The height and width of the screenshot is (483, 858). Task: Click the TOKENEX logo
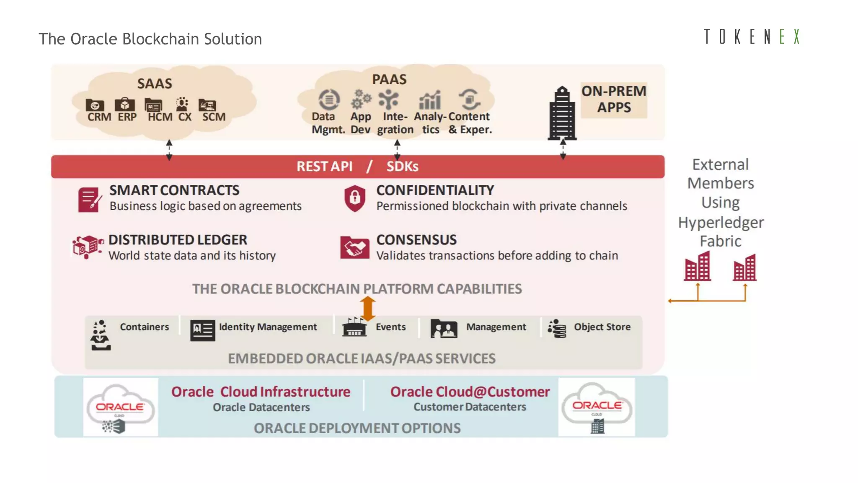(752, 37)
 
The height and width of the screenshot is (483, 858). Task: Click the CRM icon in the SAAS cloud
(95, 105)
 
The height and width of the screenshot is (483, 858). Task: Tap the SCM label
(214, 117)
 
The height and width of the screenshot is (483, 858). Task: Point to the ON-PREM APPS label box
(614, 99)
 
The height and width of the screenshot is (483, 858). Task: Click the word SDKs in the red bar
(402, 166)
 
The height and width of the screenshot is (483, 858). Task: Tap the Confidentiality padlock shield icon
(355, 197)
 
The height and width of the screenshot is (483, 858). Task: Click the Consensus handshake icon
(354, 247)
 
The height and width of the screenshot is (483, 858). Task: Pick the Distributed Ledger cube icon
(87, 247)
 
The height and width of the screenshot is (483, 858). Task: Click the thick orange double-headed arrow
(367, 309)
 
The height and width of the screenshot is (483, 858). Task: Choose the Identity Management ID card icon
(202, 330)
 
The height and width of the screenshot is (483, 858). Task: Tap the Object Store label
(602, 327)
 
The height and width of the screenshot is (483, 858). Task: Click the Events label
(390, 327)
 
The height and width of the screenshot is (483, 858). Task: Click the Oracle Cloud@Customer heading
(470, 392)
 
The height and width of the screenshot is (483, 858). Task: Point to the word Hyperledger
(721, 222)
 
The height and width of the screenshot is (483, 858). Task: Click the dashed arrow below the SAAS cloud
(169, 150)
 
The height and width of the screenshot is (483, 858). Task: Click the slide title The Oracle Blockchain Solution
(150, 39)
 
